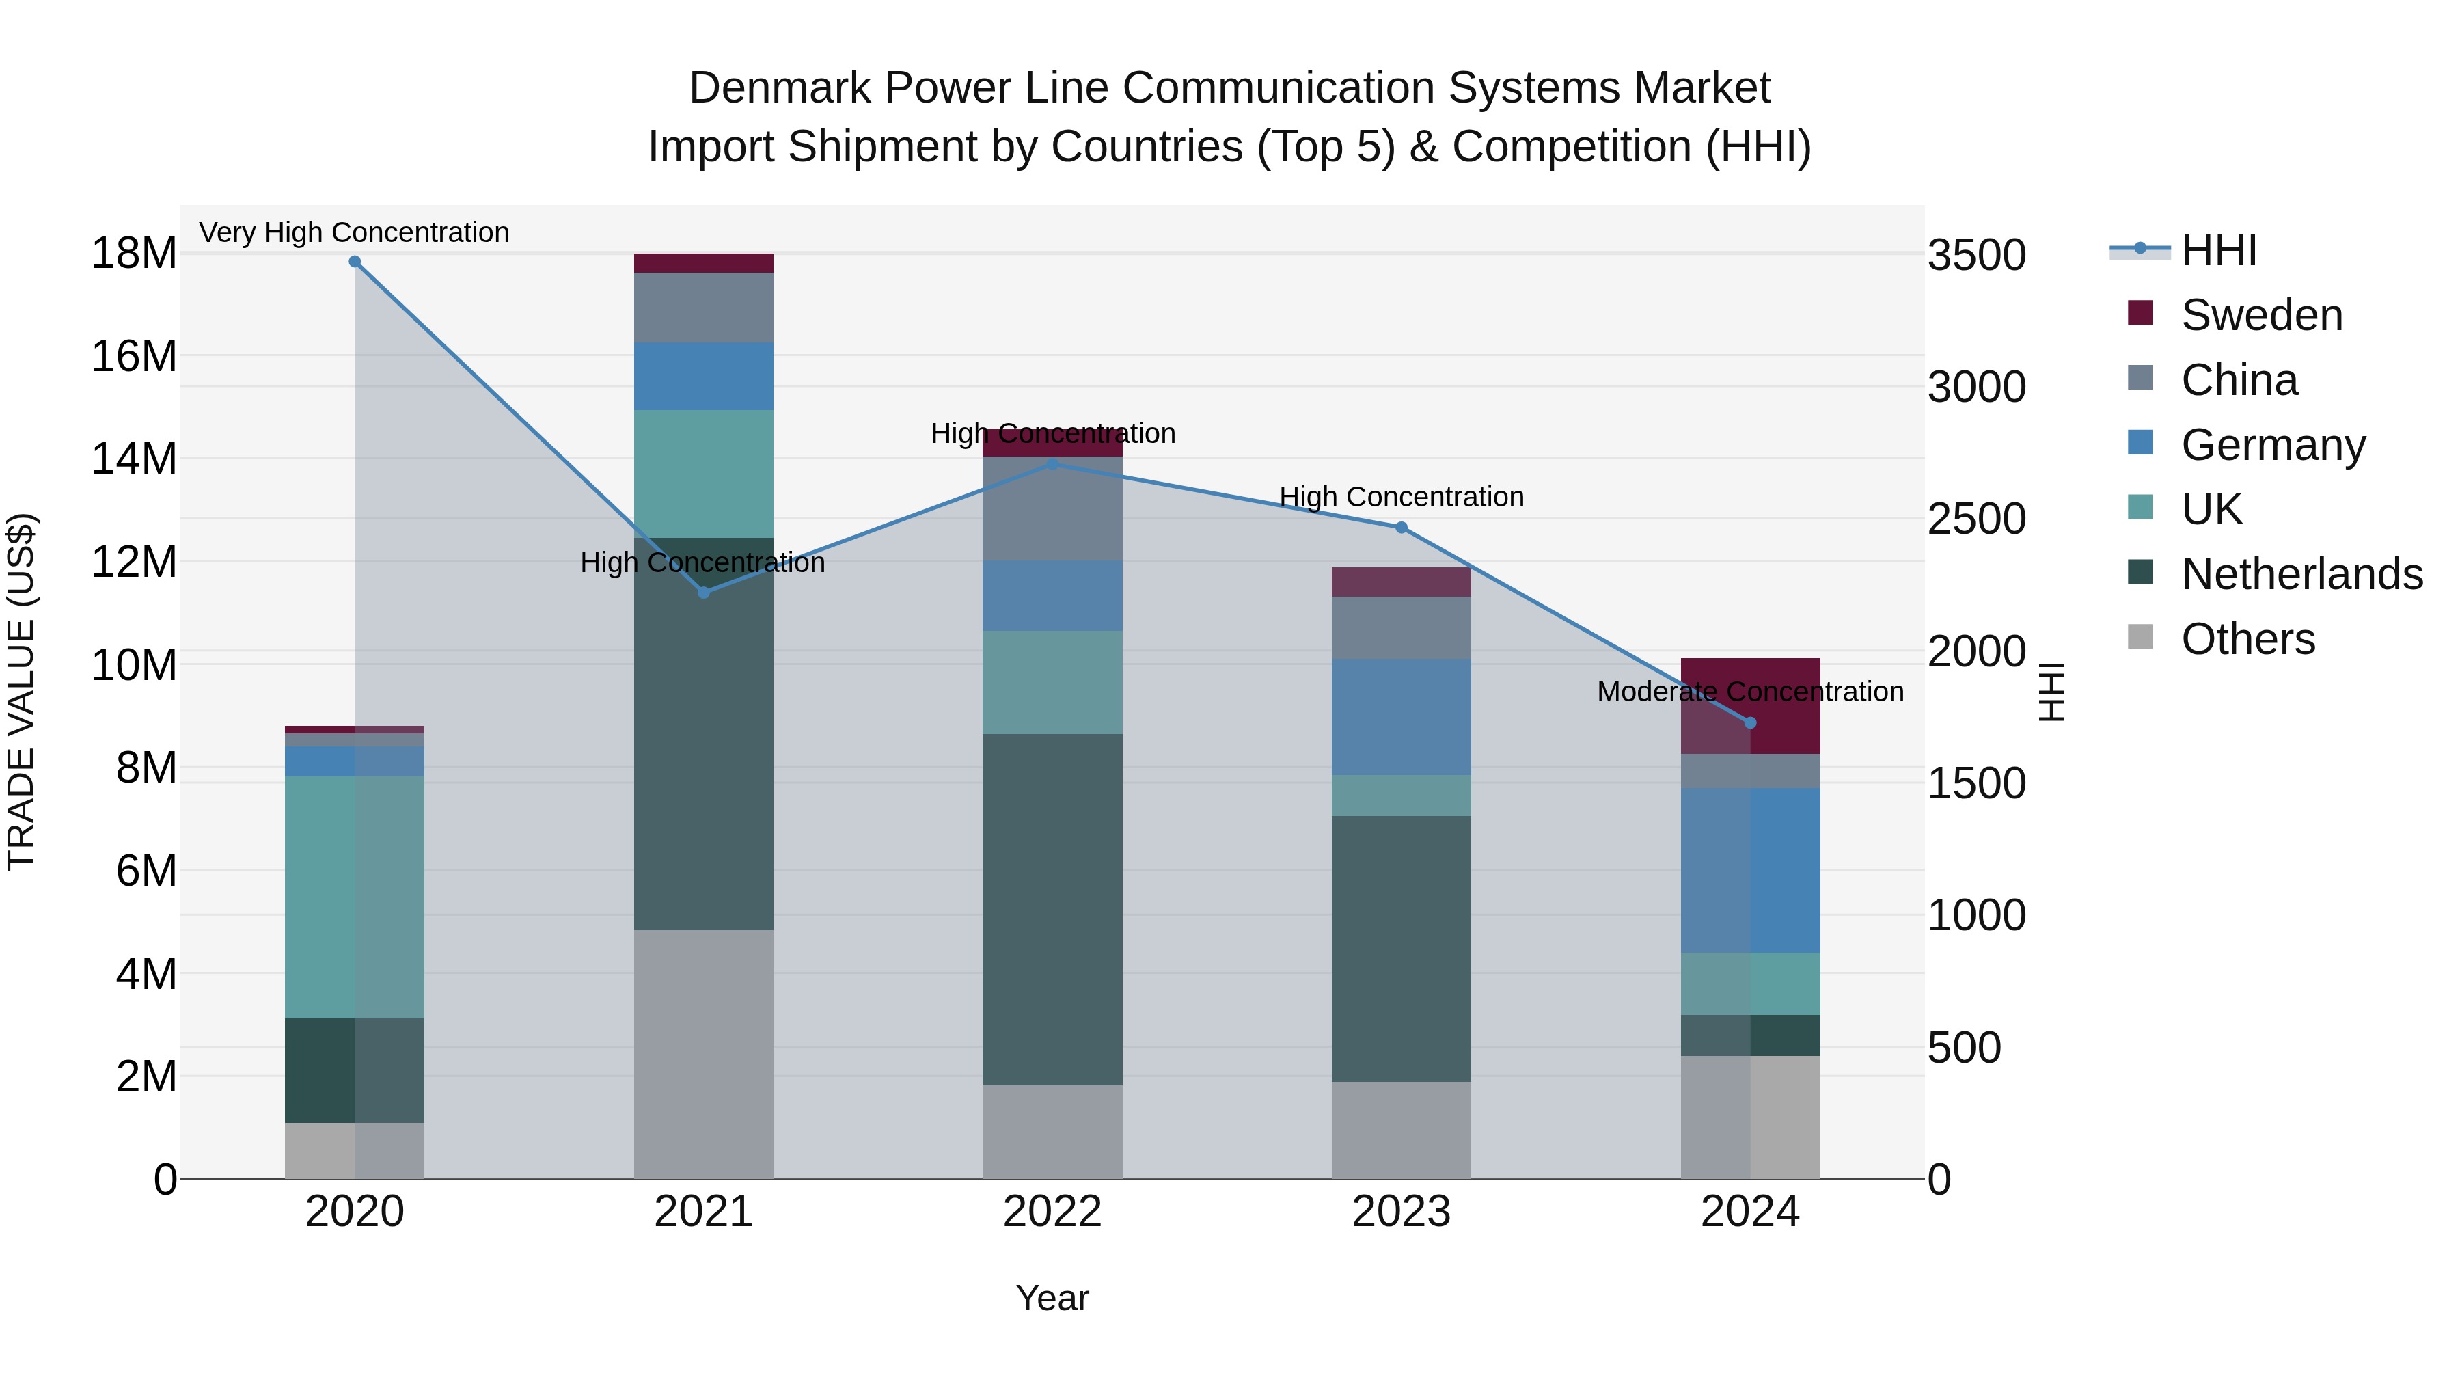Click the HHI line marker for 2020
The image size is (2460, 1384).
coord(354,261)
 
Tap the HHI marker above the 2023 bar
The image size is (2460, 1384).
coord(1401,527)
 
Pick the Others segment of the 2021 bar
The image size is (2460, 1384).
coord(703,1053)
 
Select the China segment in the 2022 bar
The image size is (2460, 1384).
coord(1052,509)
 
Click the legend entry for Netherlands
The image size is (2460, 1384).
coord(2301,574)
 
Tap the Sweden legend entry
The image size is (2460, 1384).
coord(2261,315)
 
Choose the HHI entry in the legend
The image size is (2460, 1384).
coord(2218,250)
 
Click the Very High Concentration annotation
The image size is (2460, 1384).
coord(354,232)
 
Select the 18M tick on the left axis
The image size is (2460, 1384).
coord(134,254)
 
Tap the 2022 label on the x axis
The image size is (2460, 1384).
coord(1052,1212)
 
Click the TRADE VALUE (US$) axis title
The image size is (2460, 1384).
coord(21,692)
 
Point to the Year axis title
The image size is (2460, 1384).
coord(1052,1298)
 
